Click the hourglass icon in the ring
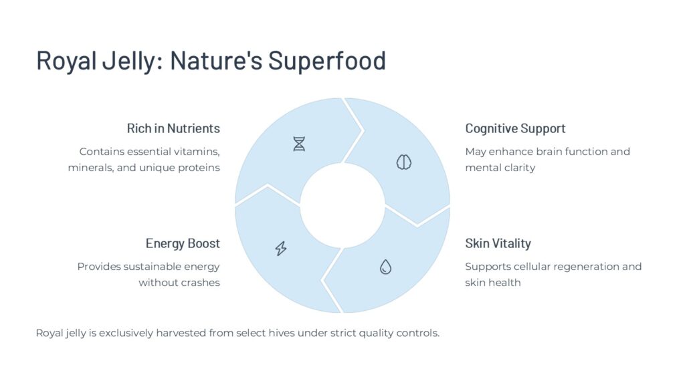(x=299, y=144)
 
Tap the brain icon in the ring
(x=403, y=162)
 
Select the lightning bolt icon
(x=281, y=249)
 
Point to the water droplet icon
(x=385, y=267)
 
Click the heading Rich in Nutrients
(x=173, y=128)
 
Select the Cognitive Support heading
(x=515, y=129)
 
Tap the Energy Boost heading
(x=183, y=243)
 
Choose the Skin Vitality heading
(x=498, y=243)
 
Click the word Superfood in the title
(x=327, y=60)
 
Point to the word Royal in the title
(x=66, y=61)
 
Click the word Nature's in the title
(x=216, y=60)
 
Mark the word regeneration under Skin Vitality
(x=574, y=267)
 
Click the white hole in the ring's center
(x=342, y=206)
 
